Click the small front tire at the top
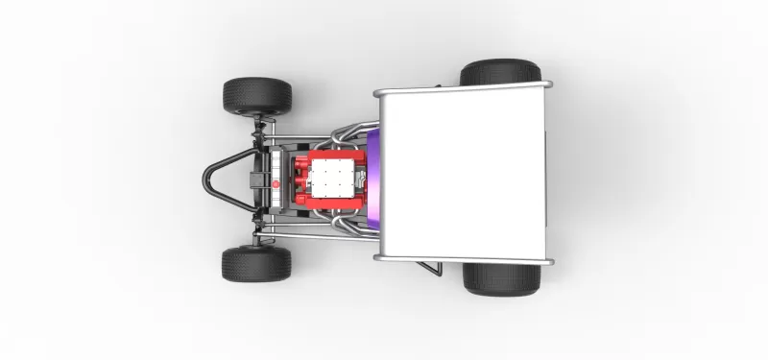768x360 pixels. (x=257, y=94)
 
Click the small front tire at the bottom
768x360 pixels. (x=256, y=264)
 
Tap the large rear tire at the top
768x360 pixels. (x=499, y=73)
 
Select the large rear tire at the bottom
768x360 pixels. (x=500, y=278)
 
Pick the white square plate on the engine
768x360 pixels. (x=335, y=180)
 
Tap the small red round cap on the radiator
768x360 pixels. (x=276, y=180)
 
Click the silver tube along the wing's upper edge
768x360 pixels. (x=461, y=90)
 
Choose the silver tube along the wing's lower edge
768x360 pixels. (x=461, y=259)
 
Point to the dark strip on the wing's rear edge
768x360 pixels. (x=545, y=175)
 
